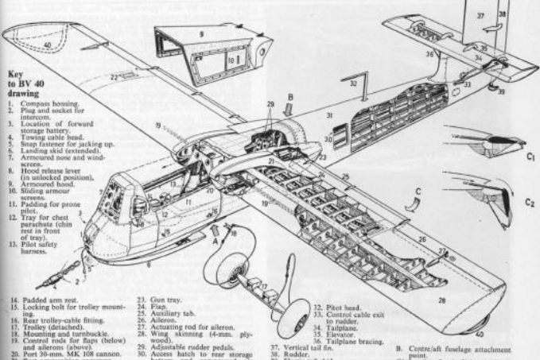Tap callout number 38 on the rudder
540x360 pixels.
[502, 14]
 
